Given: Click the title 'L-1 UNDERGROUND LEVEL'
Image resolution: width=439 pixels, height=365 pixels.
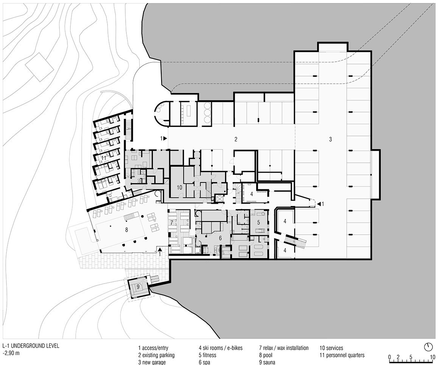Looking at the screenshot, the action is [31, 346].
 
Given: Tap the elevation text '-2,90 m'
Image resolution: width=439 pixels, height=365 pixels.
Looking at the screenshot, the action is [11, 353].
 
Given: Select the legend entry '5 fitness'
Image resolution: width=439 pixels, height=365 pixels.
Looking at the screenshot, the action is [207, 355].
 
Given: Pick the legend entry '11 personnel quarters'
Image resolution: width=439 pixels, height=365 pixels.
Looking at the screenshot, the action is [342, 355].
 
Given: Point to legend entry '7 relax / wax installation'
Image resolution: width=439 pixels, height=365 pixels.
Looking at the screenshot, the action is [283, 348].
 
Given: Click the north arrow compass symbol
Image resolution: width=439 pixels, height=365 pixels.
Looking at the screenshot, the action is [428, 347].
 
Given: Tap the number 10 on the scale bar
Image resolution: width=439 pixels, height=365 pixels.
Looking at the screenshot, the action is [432, 357].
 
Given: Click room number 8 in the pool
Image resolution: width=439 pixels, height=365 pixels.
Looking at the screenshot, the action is [126, 230].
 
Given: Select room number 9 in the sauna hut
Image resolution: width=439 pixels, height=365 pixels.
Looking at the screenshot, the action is [138, 287].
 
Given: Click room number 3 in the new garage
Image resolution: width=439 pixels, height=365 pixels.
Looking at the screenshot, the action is [330, 139].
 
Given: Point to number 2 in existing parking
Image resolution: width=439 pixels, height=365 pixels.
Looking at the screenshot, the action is [236, 139].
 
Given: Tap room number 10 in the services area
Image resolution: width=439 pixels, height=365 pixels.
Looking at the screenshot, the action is [179, 187].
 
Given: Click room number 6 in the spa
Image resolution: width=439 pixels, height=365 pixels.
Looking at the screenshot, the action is [220, 238].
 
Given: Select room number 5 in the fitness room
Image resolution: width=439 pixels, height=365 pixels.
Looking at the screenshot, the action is [258, 222].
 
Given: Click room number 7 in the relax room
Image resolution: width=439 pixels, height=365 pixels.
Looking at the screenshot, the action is [171, 223].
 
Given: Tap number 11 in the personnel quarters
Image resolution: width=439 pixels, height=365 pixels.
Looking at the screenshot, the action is [104, 158].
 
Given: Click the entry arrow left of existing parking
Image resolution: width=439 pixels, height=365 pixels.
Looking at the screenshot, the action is [165, 138].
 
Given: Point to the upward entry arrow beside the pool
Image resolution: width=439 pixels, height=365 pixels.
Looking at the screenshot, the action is [160, 248].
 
